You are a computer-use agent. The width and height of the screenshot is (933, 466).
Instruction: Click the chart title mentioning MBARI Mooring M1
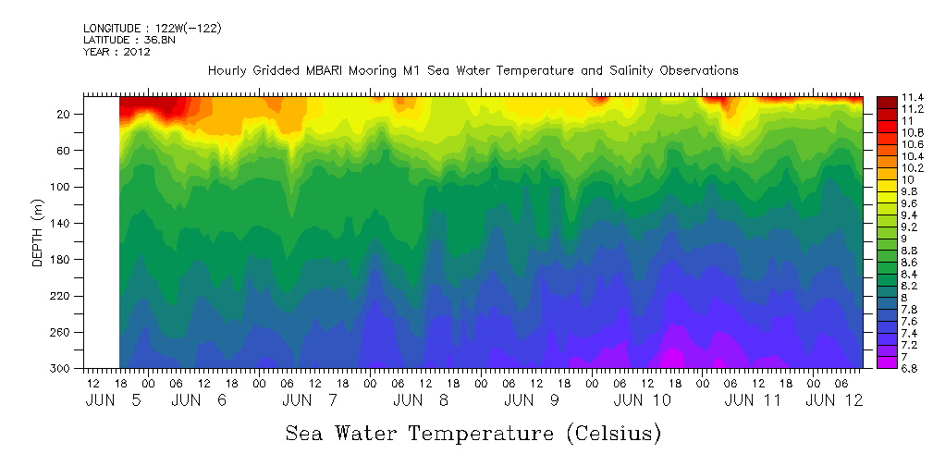coord(473,70)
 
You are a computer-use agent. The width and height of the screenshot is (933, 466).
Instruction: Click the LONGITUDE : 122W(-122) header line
coord(152,28)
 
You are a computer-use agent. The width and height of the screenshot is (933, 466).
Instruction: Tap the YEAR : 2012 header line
coord(117,52)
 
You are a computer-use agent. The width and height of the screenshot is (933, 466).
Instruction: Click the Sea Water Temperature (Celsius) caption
coord(473,433)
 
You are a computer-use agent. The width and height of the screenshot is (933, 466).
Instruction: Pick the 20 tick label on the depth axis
coord(64,115)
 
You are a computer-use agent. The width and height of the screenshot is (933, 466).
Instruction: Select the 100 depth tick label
coord(61,187)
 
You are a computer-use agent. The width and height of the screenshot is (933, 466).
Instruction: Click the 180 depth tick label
coord(61,260)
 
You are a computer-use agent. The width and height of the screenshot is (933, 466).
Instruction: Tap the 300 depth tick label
coord(61,368)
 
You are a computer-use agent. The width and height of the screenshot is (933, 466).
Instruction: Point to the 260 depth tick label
coord(61,332)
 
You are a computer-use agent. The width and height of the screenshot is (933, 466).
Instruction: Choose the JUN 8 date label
coord(421,400)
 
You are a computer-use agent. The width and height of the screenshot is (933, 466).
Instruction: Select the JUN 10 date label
coord(642,400)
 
